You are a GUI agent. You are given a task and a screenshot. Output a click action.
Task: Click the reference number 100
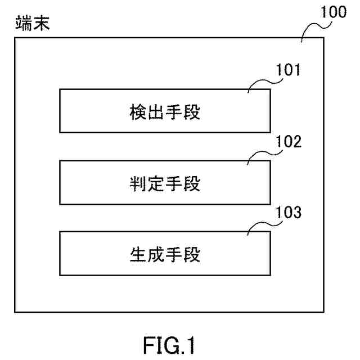point(334,12)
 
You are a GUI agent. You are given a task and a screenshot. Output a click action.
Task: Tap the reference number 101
point(288,70)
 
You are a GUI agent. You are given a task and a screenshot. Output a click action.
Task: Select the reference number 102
point(289,141)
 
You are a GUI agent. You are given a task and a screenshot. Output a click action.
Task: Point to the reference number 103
point(289,212)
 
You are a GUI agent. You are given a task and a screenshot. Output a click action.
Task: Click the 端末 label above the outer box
point(33,23)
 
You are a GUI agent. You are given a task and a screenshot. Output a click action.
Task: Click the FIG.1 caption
point(169,345)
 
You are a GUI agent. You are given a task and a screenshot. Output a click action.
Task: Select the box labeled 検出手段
point(165,111)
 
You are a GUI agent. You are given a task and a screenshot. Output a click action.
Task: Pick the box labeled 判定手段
point(165,182)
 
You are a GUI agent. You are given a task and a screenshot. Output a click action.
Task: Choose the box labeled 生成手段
point(165,254)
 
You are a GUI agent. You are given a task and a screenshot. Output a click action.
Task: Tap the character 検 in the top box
point(138,112)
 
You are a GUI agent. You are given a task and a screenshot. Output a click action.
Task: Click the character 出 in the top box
point(156,112)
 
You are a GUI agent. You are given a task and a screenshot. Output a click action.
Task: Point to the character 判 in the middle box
point(138,183)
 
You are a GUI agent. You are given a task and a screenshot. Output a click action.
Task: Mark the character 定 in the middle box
point(156,183)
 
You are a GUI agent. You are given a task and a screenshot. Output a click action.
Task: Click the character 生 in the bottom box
point(138,255)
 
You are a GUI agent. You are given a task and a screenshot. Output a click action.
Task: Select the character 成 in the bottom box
point(156,255)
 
